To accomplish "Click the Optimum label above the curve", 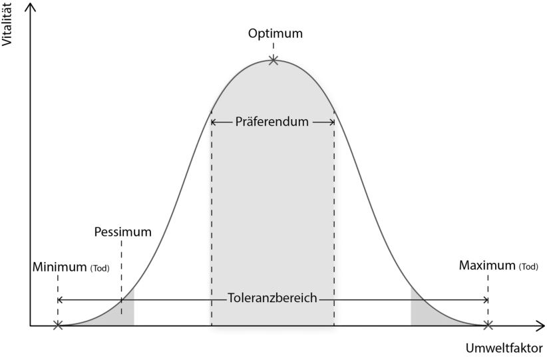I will click(275, 33).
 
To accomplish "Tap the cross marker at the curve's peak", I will click(273, 61).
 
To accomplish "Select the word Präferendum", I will click(272, 122).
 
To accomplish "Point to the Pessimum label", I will click(122, 232).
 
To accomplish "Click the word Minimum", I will click(59, 267).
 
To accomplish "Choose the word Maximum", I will click(486, 265).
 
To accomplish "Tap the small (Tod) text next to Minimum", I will click(99, 268).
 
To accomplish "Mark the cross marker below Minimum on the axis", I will click(58, 325).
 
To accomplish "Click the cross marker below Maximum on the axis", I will click(488, 325).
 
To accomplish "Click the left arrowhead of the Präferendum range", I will click(214, 122).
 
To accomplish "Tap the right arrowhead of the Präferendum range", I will click(331, 122).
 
